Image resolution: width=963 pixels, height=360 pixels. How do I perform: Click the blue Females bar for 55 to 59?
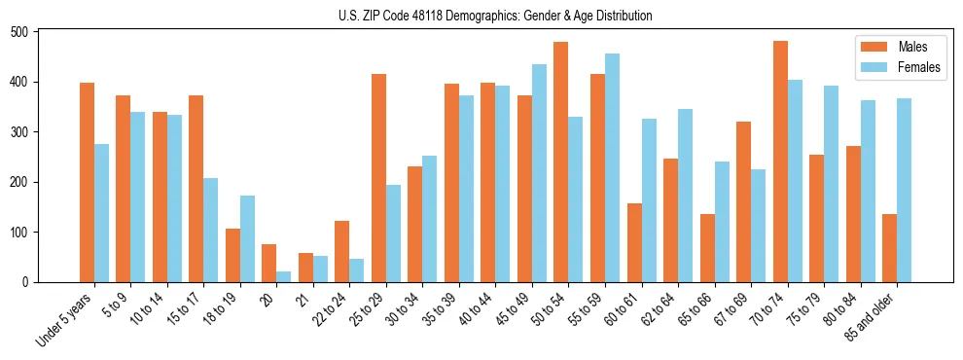(x=612, y=167)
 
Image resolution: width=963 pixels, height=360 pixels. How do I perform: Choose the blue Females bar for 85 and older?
(x=905, y=190)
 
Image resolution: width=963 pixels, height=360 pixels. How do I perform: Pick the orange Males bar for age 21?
(x=305, y=268)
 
